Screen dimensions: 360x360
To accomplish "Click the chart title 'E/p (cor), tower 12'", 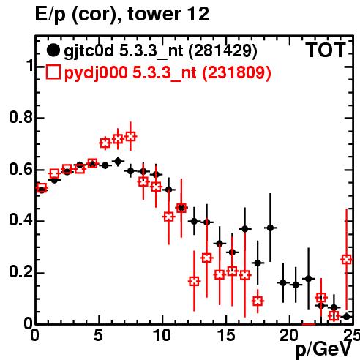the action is tap(122, 14).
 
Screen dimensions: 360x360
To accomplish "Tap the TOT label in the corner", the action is tap(326, 50).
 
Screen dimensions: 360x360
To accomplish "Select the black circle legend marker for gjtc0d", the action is tap(53, 50).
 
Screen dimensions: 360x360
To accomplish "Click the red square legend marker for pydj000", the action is tap(53, 72).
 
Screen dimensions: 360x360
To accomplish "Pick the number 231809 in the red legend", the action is tap(236, 72).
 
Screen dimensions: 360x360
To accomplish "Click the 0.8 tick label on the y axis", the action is tap(20, 117).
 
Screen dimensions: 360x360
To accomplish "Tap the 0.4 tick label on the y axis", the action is tap(20, 220).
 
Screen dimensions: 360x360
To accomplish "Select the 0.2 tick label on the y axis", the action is tap(20, 272).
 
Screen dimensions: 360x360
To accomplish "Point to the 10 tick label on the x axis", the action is tap(162, 335).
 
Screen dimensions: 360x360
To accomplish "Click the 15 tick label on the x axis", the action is tap(226, 335).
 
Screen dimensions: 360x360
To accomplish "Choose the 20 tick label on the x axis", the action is tap(290, 335).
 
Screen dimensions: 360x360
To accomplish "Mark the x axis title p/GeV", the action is tap(323, 350).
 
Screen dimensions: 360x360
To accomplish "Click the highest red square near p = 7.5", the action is tap(130, 136).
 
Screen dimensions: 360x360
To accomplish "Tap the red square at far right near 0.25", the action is tap(347, 260).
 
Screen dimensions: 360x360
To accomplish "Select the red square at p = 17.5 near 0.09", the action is tap(258, 301).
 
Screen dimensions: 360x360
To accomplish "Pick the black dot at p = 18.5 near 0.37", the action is tap(270, 228).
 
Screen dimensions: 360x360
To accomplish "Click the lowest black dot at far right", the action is tap(347, 317).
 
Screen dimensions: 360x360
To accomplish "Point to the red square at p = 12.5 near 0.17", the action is tap(194, 282).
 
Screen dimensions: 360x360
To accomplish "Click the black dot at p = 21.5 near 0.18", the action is tap(309, 279).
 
